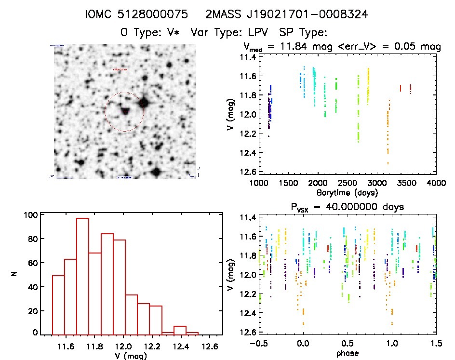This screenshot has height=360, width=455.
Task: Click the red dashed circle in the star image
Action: tap(124, 112)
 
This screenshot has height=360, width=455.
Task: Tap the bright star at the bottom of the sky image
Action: tap(155, 172)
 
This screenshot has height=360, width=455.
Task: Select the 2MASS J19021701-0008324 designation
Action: tap(286, 14)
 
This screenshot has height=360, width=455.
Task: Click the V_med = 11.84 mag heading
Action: tap(342, 47)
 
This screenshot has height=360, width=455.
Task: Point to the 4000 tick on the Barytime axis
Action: tap(436, 183)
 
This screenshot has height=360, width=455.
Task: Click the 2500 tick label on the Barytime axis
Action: tap(347, 183)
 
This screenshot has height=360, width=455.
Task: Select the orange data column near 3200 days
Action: tap(388, 130)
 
